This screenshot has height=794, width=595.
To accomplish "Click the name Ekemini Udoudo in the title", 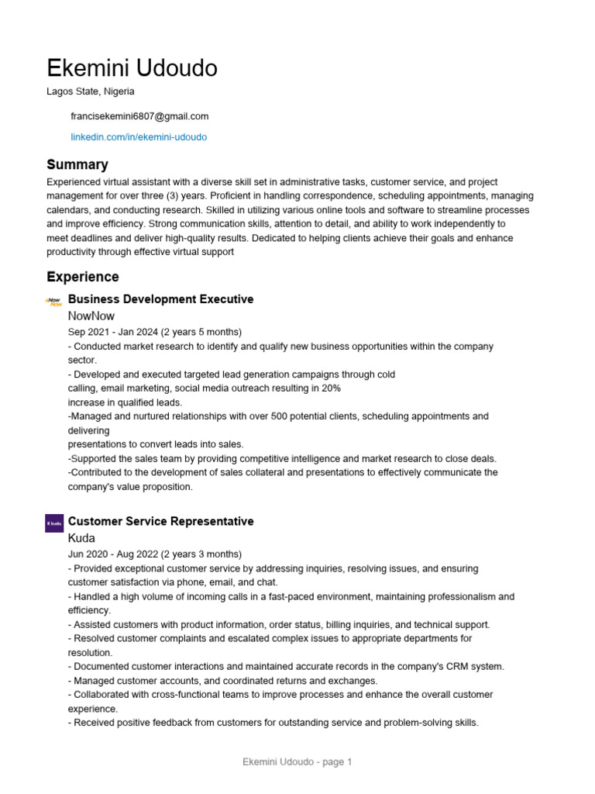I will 132,68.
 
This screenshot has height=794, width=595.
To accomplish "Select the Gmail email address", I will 139,116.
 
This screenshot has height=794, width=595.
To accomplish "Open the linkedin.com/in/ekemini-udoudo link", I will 139,136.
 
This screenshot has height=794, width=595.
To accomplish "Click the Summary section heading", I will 77,164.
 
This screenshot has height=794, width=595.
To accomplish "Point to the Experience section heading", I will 83,277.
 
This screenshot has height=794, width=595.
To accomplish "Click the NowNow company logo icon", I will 54,301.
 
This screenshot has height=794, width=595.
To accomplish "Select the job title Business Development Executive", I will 160,299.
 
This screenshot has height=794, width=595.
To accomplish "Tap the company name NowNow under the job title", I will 91,316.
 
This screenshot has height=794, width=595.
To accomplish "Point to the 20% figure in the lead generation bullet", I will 330,388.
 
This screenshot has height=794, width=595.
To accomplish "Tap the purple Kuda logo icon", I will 54,523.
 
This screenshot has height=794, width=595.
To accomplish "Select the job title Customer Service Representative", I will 160,521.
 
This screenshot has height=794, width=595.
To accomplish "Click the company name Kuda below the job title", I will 81,537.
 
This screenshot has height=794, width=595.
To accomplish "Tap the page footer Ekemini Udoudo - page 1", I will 297,762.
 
